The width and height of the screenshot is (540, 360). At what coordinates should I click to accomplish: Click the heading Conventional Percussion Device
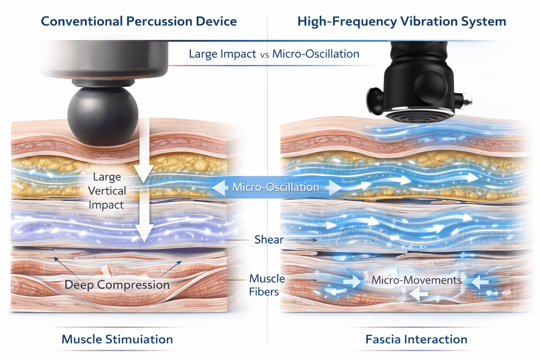click(x=139, y=21)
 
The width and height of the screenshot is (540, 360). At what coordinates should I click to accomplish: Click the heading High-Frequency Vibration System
click(x=401, y=21)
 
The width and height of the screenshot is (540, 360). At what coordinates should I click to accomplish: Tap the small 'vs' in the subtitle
click(x=264, y=55)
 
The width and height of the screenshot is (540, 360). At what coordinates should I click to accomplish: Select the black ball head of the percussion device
click(x=103, y=115)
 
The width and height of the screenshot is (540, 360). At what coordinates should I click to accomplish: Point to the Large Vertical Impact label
click(x=107, y=191)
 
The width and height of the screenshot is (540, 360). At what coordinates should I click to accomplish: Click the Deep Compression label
click(x=117, y=284)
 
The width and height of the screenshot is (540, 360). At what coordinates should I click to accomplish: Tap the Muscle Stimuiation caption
click(x=117, y=339)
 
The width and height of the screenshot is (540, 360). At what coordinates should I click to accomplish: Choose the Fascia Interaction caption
click(x=416, y=339)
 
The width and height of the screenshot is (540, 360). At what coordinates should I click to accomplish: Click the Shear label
click(x=269, y=239)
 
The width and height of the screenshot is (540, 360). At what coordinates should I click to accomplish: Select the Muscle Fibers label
click(x=266, y=285)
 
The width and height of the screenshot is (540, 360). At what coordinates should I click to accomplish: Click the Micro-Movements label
click(x=417, y=280)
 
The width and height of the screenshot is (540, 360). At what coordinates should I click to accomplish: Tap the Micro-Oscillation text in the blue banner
click(x=276, y=187)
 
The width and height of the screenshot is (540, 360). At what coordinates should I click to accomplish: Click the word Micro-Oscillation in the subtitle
click(x=316, y=54)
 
